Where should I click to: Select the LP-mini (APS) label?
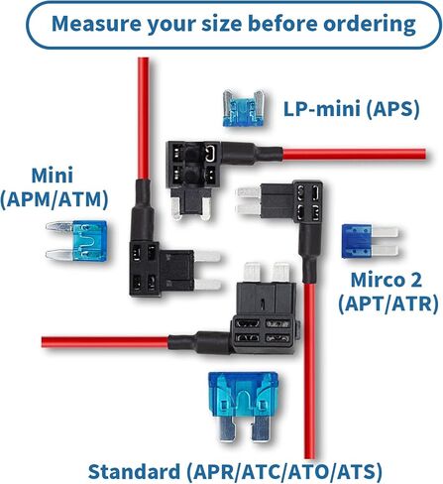[352, 109]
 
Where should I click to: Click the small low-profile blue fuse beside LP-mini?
[243, 108]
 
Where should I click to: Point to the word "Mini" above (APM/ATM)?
[53, 176]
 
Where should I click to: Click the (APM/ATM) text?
[55, 199]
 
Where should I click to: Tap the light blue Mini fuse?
[76, 240]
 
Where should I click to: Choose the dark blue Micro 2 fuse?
[370, 241]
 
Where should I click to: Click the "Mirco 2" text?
[387, 280]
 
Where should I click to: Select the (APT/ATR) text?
[388, 303]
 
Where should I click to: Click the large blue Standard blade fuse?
[243, 407]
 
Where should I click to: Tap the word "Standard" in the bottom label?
[135, 471]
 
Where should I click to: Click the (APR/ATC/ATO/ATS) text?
[284, 472]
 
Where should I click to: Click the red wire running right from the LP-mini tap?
[354, 155]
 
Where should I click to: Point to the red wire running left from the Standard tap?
[105, 342]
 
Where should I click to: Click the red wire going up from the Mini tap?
[144, 119]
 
